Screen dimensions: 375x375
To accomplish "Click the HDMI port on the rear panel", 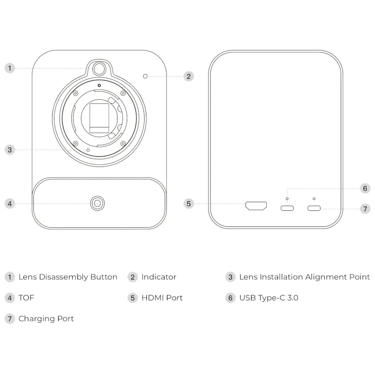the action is pyautogui.click(x=256, y=206).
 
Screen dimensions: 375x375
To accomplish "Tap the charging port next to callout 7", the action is pyautogui.click(x=314, y=208).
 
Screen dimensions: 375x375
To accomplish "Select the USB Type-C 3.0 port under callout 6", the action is pyautogui.click(x=287, y=208).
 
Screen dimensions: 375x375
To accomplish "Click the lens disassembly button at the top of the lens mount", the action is pyautogui.click(x=99, y=69).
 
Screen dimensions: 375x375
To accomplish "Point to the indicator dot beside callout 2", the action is pyautogui.click(x=145, y=76).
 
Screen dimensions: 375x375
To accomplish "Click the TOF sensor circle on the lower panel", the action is pyautogui.click(x=97, y=204).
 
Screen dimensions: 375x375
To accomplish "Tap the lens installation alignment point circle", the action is pyautogui.click(x=88, y=150).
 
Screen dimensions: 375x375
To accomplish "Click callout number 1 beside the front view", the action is pyautogui.click(x=10, y=69).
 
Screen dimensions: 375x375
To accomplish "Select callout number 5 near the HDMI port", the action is pyautogui.click(x=189, y=204).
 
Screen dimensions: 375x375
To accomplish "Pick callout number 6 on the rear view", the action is pyautogui.click(x=365, y=188).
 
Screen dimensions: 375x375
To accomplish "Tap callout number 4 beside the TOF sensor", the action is pyautogui.click(x=10, y=204).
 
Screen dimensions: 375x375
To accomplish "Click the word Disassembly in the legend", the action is pyautogui.click(x=64, y=277).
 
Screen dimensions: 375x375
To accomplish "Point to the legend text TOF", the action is pyautogui.click(x=27, y=298).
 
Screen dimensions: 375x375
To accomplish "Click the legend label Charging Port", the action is pyautogui.click(x=46, y=319).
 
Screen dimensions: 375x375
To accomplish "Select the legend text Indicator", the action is pyautogui.click(x=159, y=277).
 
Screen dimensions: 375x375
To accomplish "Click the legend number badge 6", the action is pyautogui.click(x=230, y=298).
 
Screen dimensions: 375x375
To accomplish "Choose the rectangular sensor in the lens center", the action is pyautogui.click(x=99, y=118).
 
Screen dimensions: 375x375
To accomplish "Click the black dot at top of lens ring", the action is pyautogui.click(x=99, y=86).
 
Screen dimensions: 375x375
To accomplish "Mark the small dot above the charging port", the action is pyautogui.click(x=314, y=199).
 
